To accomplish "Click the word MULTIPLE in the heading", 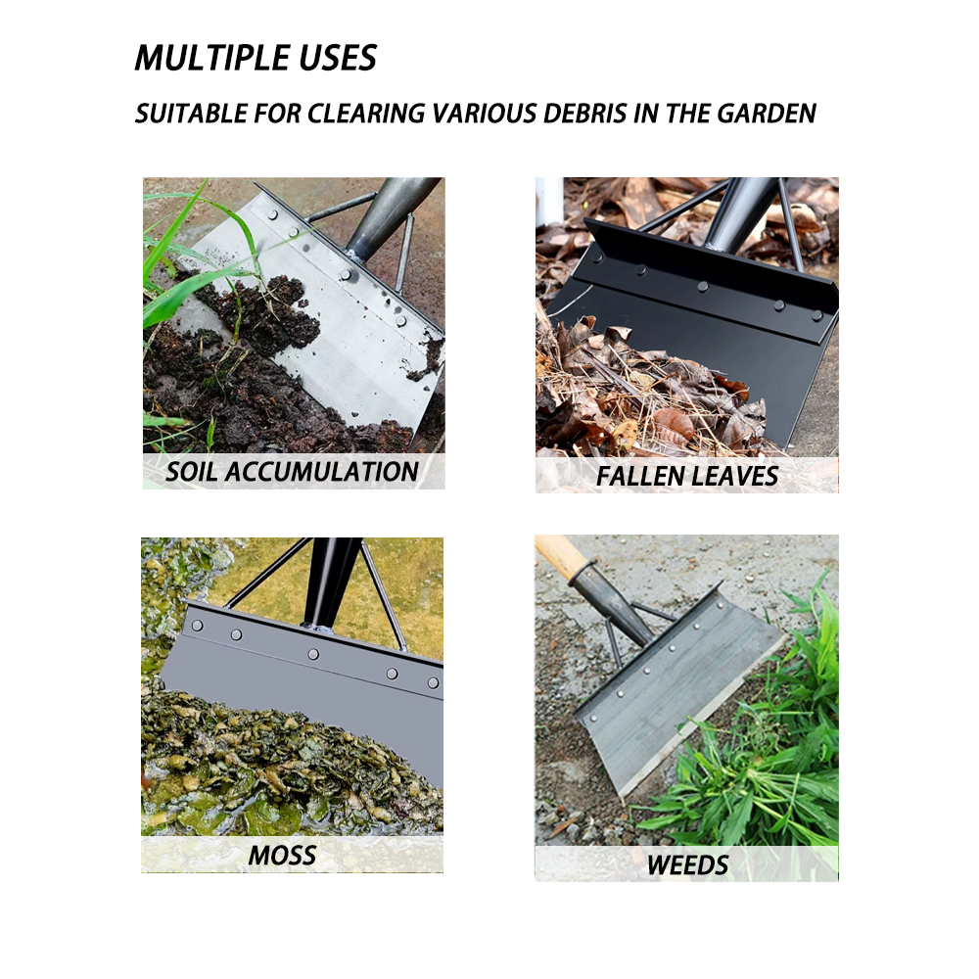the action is click(x=211, y=58).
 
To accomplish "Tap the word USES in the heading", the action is click(x=338, y=58).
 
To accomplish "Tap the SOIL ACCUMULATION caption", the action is click(x=292, y=472).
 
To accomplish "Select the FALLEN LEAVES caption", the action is click(x=687, y=477).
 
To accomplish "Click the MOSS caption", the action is click(x=282, y=856).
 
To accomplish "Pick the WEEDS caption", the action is click(x=687, y=865).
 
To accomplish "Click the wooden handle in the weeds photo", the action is click(x=560, y=556).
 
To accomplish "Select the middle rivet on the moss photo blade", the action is click(x=313, y=654).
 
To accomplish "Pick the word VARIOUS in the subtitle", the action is click(x=484, y=114).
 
